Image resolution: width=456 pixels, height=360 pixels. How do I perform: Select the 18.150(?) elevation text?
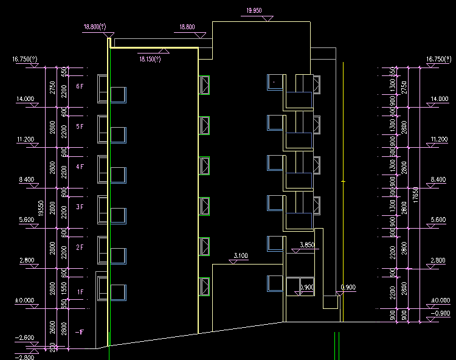[150, 59]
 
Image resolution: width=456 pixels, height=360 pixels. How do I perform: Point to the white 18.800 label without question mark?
[187, 27]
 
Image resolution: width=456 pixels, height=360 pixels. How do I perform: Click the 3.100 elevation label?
[241, 256]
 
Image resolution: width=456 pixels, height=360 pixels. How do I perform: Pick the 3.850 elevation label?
[308, 245]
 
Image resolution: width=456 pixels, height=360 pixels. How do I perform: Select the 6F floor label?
[80, 87]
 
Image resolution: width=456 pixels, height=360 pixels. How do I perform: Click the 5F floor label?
[80, 126]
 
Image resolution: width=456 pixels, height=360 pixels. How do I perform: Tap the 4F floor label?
[80, 167]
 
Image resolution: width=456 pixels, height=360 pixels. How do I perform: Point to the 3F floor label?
[80, 207]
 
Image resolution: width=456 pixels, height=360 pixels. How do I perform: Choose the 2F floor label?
[80, 247]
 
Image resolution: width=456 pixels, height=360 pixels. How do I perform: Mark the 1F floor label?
[80, 292]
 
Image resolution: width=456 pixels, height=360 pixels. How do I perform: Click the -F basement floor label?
[79, 332]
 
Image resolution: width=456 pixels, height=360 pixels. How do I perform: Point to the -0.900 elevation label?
[440, 313]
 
